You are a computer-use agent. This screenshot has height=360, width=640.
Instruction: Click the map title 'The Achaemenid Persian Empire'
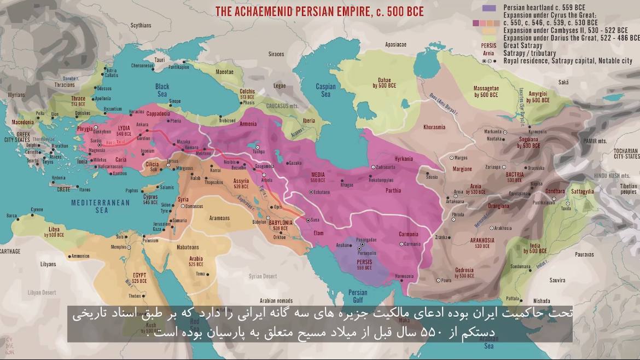[319, 11]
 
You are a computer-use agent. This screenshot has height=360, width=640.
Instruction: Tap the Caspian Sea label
[325, 90]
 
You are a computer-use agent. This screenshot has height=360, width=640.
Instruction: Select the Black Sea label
[162, 90]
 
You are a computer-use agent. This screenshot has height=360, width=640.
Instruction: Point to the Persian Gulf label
[358, 296]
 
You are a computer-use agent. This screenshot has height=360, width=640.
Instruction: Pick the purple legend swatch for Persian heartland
[489, 8]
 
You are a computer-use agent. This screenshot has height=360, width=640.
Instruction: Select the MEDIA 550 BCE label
[318, 177]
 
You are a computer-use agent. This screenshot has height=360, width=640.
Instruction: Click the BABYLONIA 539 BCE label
[280, 225]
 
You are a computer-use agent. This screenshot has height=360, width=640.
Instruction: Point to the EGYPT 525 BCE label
[139, 278]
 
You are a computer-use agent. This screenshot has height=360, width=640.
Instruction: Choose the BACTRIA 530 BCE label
[514, 177]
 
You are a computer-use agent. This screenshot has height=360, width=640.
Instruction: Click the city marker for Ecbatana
[311, 192]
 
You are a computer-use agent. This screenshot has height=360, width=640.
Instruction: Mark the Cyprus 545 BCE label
[150, 200]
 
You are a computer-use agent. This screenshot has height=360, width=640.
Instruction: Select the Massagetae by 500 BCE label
[486, 92]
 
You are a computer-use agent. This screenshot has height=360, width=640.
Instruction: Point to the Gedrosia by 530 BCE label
[464, 273]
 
